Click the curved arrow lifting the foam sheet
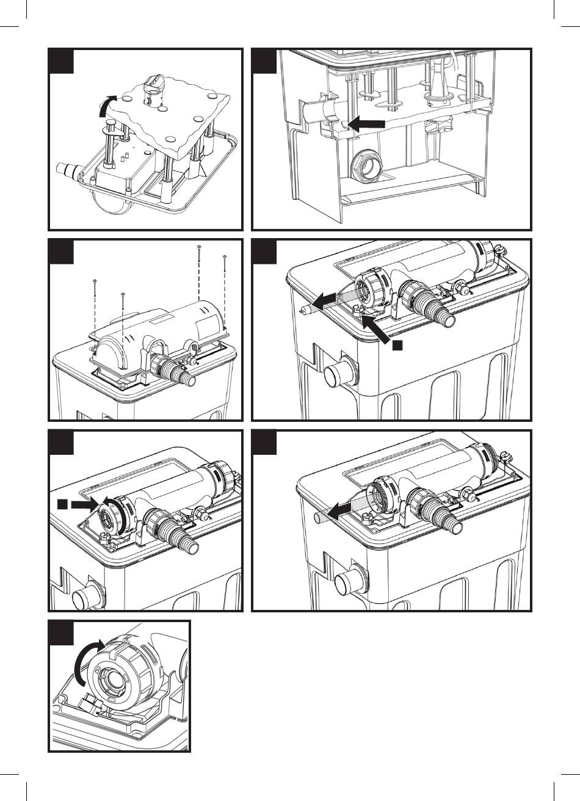tap(105, 105)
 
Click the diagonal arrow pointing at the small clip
tap(377, 328)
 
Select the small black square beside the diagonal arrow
tap(397, 346)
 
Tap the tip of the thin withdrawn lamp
tap(303, 309)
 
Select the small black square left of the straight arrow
tap(62, 504)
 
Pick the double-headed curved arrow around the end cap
tap(117, 514)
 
